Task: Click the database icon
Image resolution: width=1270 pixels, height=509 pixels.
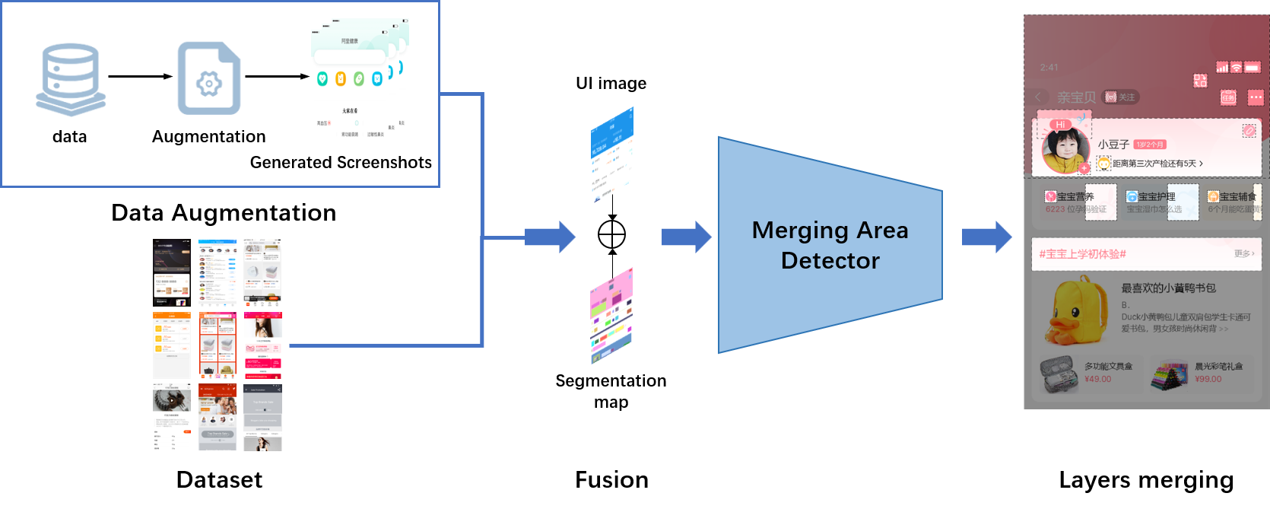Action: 69,76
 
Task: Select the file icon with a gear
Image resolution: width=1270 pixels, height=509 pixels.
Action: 208,77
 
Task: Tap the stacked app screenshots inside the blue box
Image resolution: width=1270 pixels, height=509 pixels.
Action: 359,79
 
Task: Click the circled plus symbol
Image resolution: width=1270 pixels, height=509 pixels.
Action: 611,234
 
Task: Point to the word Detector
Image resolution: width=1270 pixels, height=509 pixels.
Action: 830,261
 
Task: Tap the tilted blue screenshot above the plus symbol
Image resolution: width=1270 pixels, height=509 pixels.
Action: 612,155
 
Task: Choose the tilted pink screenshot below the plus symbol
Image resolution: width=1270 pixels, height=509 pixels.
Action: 611,316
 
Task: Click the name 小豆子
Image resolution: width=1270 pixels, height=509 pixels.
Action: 1113,145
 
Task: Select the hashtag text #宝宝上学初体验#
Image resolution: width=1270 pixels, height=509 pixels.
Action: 1082,254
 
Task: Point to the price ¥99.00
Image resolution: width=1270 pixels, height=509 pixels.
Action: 1208,379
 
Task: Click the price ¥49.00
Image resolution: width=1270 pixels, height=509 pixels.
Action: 1097,379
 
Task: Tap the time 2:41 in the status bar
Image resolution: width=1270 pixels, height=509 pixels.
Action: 1049,67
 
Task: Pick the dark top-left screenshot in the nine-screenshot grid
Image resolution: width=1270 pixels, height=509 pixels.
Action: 172,272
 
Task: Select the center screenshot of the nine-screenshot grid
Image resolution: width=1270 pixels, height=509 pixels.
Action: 217,345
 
